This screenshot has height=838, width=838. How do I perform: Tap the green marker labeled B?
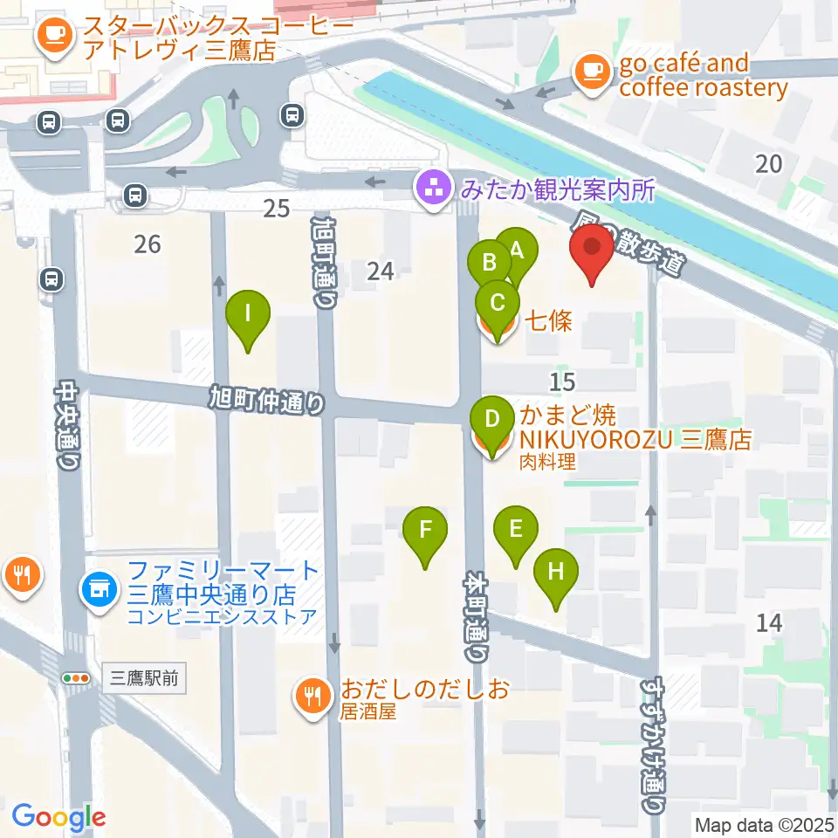[489, 261]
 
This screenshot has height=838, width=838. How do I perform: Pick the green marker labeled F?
[425, 530]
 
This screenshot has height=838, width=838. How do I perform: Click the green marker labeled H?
[556, 573]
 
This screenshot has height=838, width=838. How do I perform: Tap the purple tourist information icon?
[431, 187]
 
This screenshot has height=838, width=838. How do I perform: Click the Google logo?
[59, 816]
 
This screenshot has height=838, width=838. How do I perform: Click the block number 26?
[148, 244]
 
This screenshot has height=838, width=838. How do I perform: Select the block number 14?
[769, 622]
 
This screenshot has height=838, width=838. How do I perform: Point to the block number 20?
[769, 162]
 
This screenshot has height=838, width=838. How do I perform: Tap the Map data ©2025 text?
[765, 824]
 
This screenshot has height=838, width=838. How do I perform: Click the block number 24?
[381, 271]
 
